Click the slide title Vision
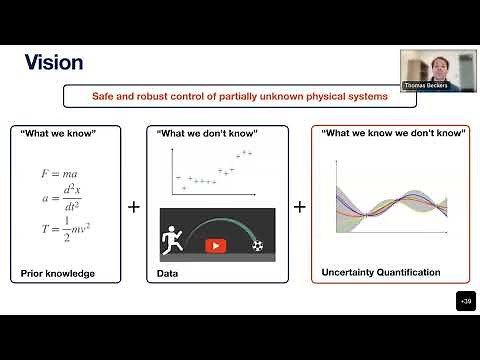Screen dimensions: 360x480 (x=53, y=62)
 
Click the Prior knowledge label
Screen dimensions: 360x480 (x=56, y=271)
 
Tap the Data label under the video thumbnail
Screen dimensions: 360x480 (x=167, y=271)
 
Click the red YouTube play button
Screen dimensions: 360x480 (x=216, y=245)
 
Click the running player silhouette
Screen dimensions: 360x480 (x=172, y=241)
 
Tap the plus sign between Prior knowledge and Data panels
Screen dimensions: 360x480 (x=134, y=207)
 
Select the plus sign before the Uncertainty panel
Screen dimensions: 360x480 (x=298, y=207)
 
